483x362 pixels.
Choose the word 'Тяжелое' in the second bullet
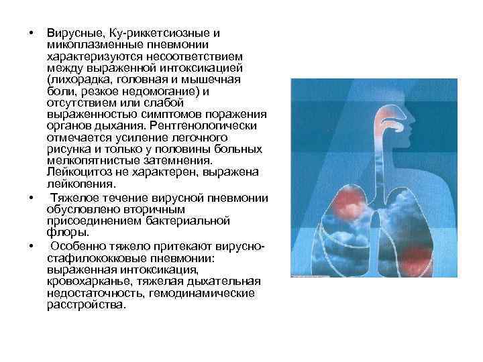coord(74,198)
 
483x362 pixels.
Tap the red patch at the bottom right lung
coord(414,255)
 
